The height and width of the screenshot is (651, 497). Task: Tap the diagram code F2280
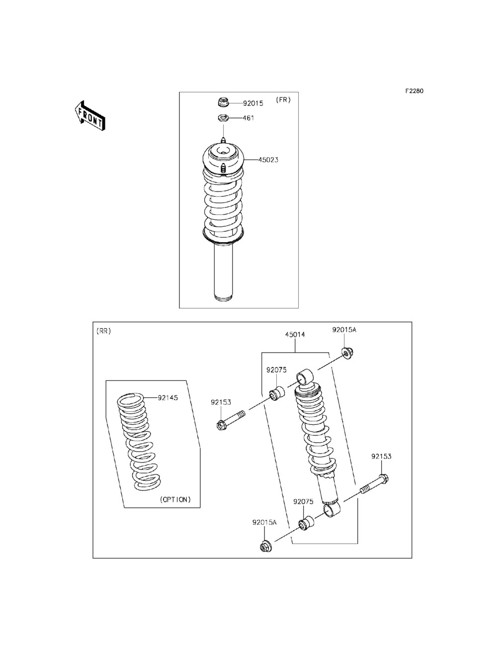point(414,91)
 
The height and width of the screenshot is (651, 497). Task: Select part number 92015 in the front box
point(253,103)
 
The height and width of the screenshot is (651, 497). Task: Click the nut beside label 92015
point(223,103)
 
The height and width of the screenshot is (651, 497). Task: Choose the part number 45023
point(268,160)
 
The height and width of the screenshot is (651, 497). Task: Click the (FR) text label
point(283,99)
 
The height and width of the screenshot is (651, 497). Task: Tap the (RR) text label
point(104,331)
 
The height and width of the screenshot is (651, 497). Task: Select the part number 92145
point(167,397)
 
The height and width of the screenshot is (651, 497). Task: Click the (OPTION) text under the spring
point(175,499)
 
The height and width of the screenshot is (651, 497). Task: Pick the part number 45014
point(295,335)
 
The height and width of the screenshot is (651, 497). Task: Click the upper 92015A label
point(344,330)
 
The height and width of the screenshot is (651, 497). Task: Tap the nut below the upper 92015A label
point(346,353)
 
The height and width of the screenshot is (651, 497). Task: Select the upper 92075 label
point(276,370)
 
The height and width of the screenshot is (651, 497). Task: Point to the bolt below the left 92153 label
point(231,420)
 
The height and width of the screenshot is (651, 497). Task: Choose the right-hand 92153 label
point(381,456)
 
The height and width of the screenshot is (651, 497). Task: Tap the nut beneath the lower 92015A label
point(265,547)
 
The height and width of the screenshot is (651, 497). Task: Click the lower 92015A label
point(264,522)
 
